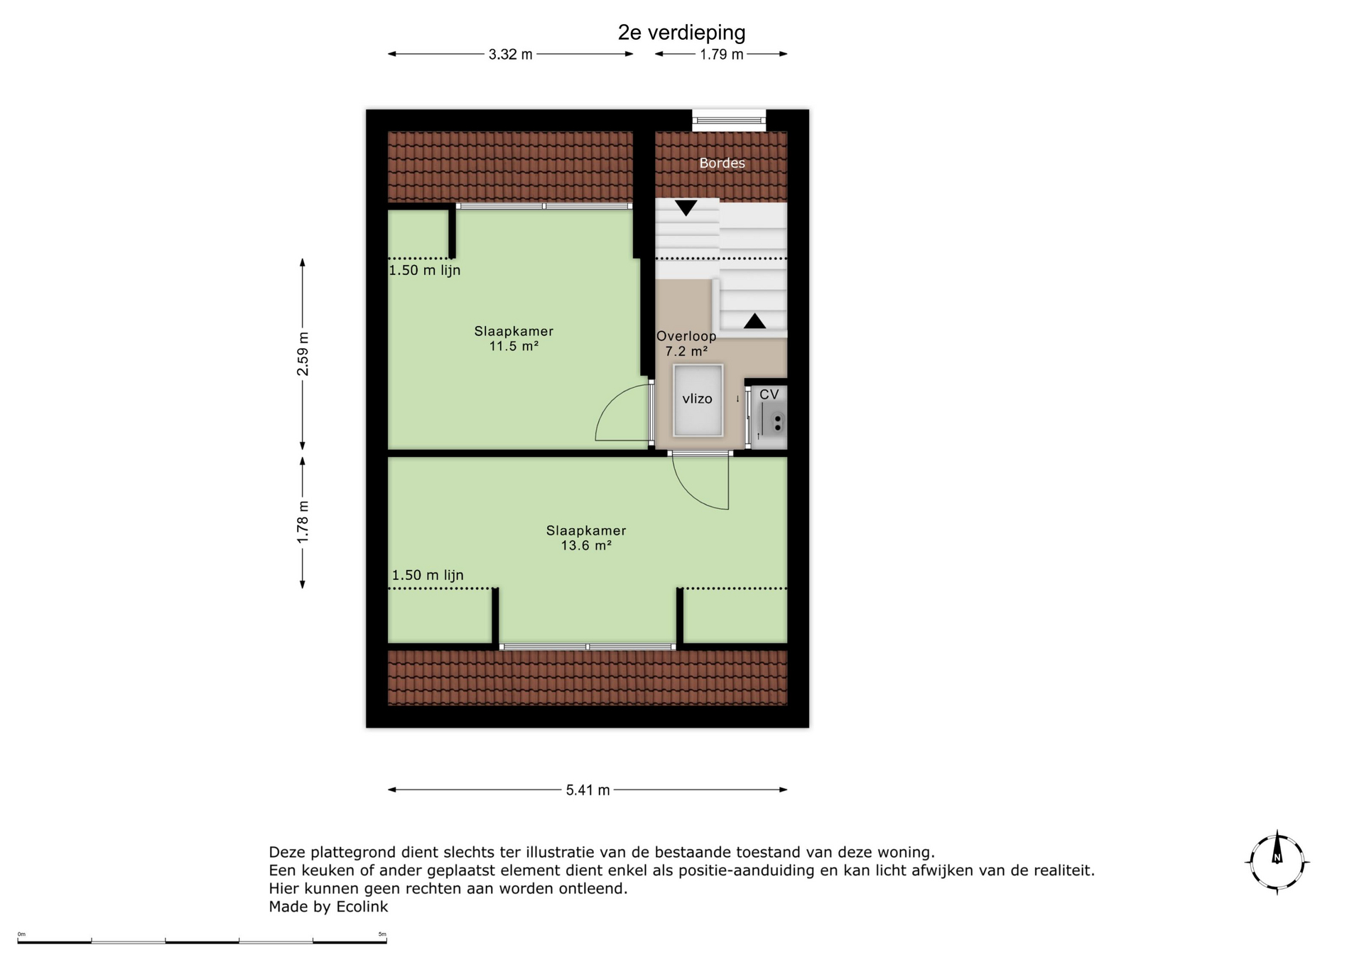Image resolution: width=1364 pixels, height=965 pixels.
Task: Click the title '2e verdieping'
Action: tap(681, 33)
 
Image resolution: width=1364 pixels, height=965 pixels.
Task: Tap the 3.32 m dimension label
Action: tap(510, 55)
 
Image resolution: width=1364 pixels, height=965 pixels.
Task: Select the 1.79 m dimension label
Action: tap(721, 55)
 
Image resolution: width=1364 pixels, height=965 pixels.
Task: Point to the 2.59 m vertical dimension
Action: tap(303, 354)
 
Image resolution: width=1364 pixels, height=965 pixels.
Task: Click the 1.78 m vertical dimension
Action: tap(303, 522)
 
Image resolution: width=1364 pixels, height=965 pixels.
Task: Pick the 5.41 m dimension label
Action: tap(588, 790)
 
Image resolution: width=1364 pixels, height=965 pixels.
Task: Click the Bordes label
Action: tap(722, 163)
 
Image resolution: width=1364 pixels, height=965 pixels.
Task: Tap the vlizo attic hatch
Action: tap(698, 400)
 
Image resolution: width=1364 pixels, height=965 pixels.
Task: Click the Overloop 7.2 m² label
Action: tap(686, 344)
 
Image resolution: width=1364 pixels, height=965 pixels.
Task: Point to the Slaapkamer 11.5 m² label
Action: tap(514, 339)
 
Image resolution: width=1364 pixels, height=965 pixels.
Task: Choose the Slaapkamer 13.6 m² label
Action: tap(586, 538)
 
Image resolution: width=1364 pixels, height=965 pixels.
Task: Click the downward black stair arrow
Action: tap(686, 208)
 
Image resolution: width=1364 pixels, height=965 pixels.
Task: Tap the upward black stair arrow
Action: tap(754, 320)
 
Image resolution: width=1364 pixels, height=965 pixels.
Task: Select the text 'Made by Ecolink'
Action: tap(328, 907)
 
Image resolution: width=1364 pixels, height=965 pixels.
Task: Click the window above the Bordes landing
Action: tap(729, 120)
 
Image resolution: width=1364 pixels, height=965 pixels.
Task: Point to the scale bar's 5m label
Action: tap(382, 934)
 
